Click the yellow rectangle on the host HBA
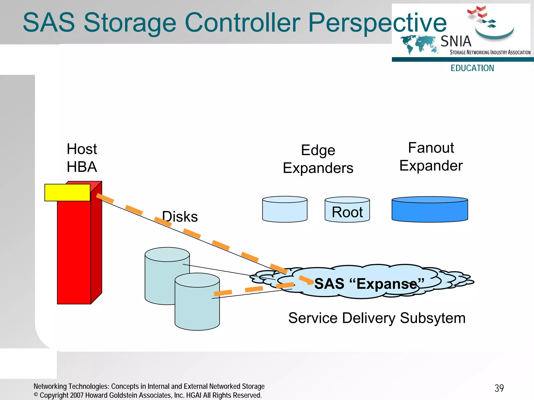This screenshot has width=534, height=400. point(67,192)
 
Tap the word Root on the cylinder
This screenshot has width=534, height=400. point(347,212)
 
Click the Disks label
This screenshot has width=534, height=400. point(180,216)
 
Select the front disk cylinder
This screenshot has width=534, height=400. point(197,308)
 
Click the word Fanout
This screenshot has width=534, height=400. point(431,148)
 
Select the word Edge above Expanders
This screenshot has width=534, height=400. point(318,150)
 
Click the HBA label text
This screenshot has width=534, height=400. point(82,167)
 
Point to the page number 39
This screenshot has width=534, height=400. point(499,388)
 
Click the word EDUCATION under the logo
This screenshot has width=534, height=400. point(472,68)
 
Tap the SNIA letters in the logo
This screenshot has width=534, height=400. point(456,41)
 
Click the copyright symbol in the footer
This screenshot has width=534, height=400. point(36,395)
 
